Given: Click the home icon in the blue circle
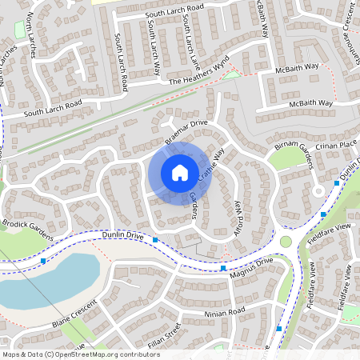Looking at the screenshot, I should point(179,172).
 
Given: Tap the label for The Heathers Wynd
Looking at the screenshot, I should point(198,70).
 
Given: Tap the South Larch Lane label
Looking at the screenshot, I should point(189,44).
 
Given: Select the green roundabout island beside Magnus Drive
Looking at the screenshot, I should point(286,242).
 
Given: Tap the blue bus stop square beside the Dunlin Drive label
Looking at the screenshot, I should point(156,240).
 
